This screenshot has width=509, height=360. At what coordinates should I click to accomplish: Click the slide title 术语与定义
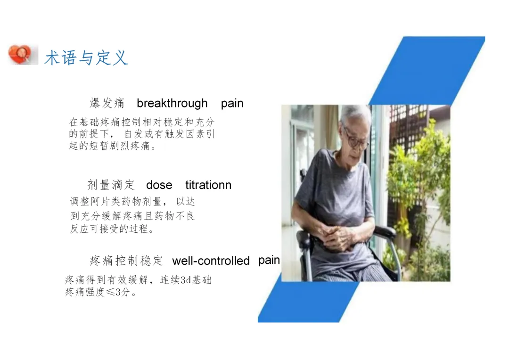point(86,58)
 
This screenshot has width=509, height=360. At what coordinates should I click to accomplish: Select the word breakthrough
point(172,103)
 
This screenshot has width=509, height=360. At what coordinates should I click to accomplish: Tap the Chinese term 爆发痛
point(107,103)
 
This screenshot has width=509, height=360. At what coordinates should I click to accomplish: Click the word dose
point(159,185)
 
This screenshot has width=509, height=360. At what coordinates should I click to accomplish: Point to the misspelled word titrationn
point(208,185)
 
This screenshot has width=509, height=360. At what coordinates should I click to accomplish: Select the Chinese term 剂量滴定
point(111,185)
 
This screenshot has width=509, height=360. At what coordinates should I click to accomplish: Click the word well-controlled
point(211,261)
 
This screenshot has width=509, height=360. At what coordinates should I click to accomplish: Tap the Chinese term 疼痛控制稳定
point(126,261)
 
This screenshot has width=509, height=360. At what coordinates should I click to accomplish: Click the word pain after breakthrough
point(232,104)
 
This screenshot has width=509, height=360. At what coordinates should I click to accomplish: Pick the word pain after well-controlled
point(269,261)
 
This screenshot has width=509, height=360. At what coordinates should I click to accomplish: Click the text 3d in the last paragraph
point(185,280)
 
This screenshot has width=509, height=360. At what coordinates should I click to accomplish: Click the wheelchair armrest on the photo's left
point(304,242)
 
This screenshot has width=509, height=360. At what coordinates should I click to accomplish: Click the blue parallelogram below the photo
point(309,302)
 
